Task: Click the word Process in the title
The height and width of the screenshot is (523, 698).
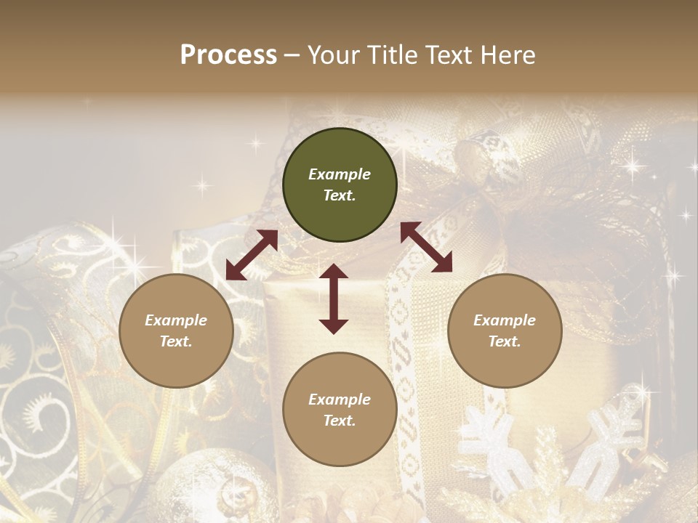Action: click(x=228, y=55)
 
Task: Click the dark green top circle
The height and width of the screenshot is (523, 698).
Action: click(x=340, y=185)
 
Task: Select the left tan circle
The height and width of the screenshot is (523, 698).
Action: click(x=176, y=331)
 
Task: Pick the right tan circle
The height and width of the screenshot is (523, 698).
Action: click(x=505, y=331)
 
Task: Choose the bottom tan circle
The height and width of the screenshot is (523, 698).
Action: click(x=340, y=410)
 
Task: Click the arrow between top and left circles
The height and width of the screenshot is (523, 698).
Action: click(x=252, y=255)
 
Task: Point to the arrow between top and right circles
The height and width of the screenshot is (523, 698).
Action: click(x=426, y=247)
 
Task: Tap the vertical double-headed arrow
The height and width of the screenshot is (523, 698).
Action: click(x=334, y=299)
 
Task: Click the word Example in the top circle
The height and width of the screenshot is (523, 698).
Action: click(x=340, y=174)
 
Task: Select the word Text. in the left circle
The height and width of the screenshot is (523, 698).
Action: click(x=176, y=341)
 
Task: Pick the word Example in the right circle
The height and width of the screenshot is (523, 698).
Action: click(x=505, y=320)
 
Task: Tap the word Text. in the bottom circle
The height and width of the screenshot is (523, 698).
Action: click(x=340, y=421)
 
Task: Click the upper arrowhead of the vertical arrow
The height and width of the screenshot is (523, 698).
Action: click(x=334, y=272)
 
